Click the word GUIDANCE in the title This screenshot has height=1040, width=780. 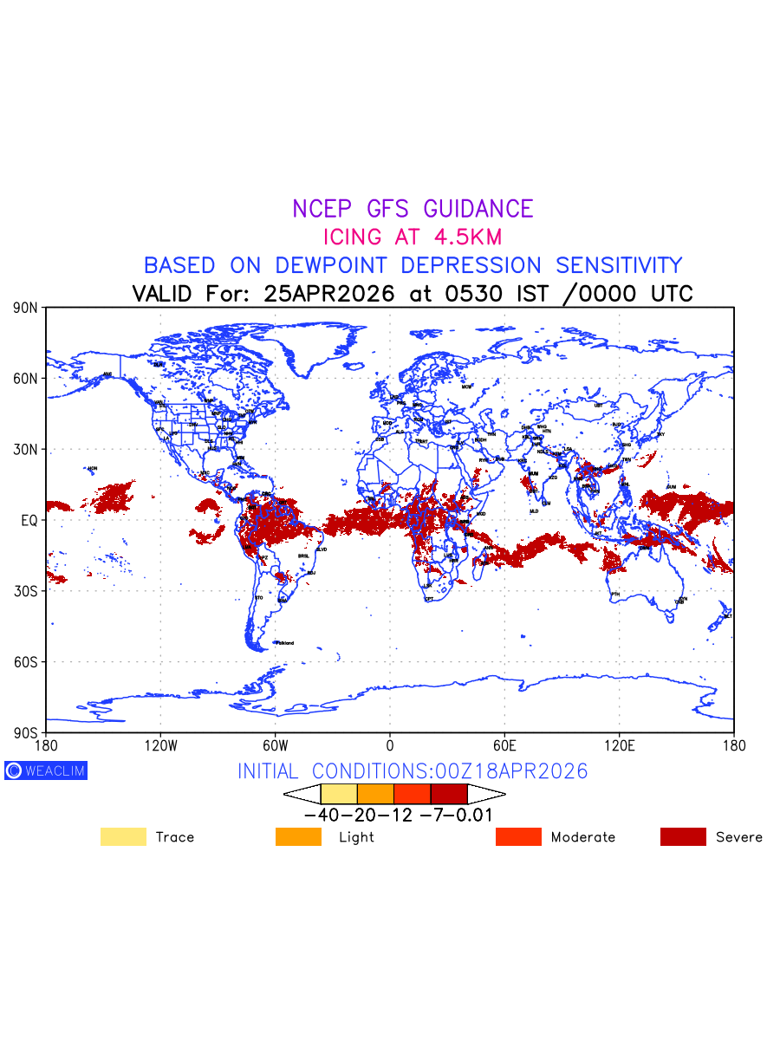click(x=478, y=209)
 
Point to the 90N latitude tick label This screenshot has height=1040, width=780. click(x=26, y=308)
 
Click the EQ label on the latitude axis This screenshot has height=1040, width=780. click(x=29, y=520)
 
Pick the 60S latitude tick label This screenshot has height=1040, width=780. click(x=26, y=661)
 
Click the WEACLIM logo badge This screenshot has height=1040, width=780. click(x=46, y=770)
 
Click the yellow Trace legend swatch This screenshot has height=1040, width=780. click(x=123, y=837)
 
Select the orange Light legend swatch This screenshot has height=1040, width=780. click(x=298, y=837)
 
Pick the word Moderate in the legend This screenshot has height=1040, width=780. click(x=583, y=837)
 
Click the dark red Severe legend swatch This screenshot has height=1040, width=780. click(x=683, y=837)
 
